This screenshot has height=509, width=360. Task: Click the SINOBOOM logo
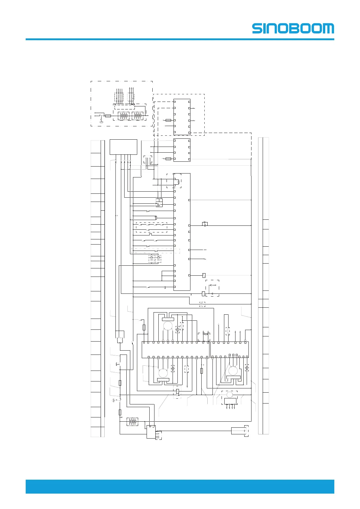293,28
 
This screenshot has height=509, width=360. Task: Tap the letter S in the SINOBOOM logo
257,28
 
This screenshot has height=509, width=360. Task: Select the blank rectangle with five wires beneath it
123,147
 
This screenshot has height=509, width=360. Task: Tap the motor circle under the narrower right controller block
233,371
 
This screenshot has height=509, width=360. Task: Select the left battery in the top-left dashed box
124,116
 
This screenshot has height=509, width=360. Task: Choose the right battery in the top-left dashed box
138,116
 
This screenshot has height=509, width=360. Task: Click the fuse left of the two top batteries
108,116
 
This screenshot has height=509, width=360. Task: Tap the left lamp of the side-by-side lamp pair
152,259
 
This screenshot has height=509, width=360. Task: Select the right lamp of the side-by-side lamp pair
158,259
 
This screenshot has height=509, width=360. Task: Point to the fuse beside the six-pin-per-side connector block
168,120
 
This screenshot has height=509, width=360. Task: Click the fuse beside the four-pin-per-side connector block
168,159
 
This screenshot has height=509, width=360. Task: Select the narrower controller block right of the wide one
229,350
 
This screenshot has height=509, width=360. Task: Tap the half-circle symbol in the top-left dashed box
102,122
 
